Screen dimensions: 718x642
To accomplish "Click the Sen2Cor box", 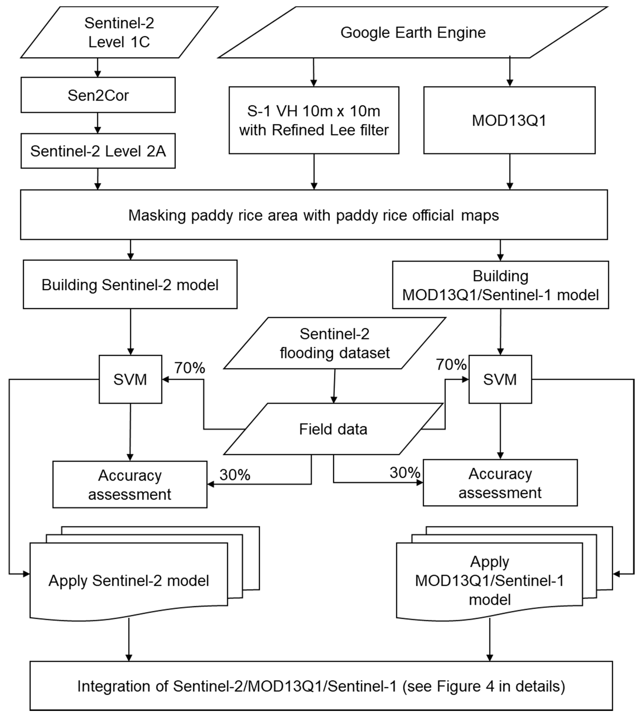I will pyautogui.click(x=98, y=95).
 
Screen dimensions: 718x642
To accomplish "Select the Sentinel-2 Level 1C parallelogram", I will pyautogui.click(x=119, y=32).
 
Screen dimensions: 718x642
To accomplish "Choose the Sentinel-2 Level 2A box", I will pyautogui.click(x=98, y=151).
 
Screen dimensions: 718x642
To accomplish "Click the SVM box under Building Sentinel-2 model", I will pyautogui.click(x=130, y=379).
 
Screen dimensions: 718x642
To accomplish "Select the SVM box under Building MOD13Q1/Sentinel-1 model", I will pyautogui.click(x=500, y=379).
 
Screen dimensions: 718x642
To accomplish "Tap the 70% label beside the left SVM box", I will pyautogui.click(x=190, y=368).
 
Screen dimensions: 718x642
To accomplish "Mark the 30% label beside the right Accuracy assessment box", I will pyautogui.click(x=405, y=473).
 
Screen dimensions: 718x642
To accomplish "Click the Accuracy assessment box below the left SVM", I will pyautogui.click(x=130, y=485).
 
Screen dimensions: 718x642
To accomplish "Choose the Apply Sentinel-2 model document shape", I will pyautogui.click(x=129, y=581).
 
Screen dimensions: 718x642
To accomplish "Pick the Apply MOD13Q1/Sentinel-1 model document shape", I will pyautogui.click(x=489, y=581).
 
